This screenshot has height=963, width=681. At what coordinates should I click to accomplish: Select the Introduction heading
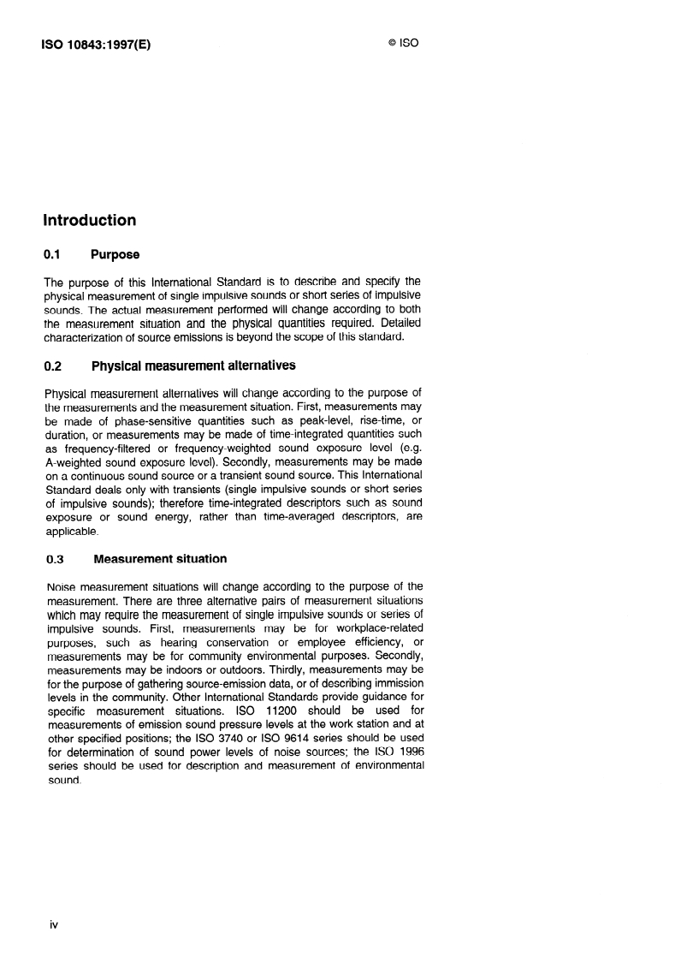(90, 220)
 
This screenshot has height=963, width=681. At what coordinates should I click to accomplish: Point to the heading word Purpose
(115, 254)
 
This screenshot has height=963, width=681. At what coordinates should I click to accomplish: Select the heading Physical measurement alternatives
(193, 366)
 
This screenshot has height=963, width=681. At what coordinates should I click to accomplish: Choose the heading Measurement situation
(160, 559)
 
